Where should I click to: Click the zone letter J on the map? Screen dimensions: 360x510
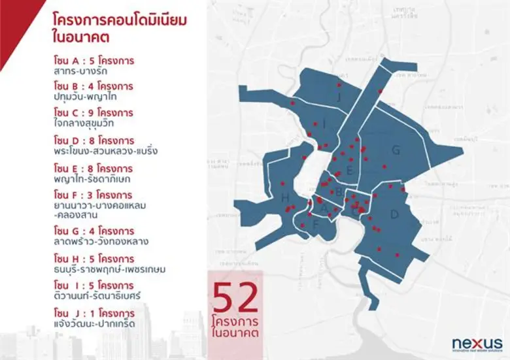339,98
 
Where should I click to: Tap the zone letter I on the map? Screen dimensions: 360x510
324,122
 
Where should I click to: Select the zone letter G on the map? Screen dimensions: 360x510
396,151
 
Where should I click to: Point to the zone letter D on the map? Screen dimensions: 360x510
394,214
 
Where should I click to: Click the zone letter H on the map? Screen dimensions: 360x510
284,197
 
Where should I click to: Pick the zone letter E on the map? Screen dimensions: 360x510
350,171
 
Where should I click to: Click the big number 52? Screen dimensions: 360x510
235,299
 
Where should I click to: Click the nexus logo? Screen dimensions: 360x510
477,343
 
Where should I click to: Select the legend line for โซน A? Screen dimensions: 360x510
94,61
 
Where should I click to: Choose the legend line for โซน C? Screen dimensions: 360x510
94,111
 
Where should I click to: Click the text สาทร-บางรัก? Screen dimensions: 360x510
82,72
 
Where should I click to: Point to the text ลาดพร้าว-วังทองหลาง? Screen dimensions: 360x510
101,241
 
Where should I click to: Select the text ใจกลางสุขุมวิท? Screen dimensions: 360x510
86,122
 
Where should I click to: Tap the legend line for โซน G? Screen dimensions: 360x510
94,231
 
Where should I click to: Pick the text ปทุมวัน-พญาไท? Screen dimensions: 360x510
86,97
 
